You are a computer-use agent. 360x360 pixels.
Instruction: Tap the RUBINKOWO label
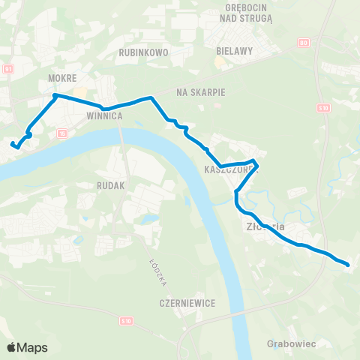pyautogui.click(x=143, y=53)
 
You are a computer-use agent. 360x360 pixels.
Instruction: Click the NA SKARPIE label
pyautogui.click(x=200, y=91)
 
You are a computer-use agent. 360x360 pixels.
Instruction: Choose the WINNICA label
pyautogui.click(x=104, y=116)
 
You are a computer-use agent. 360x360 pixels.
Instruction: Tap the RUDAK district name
pyautogui.click(x=110, y=184)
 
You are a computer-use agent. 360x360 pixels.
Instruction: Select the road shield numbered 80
pyautogui.click(x=303, y=42)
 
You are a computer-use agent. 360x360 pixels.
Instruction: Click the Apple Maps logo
pyautogui.click(x=27, y=347)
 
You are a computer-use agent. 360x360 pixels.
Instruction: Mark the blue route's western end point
pyautogui.click(x=12, y=142)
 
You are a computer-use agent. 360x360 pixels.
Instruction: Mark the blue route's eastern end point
pyautogui.click(x=349, y=264)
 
